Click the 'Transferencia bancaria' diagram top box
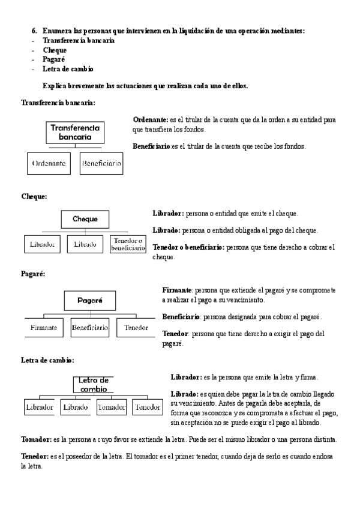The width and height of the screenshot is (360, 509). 76,133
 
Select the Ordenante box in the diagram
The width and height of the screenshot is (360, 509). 50,163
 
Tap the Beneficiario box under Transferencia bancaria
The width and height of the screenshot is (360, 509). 101,163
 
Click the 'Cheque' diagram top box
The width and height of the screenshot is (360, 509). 85,219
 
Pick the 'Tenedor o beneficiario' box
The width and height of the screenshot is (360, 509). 128,244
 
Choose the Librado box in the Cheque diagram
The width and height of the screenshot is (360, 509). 85,244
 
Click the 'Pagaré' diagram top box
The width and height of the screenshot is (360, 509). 90,300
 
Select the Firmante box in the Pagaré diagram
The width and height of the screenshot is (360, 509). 44,328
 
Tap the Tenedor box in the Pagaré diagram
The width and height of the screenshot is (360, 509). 136,328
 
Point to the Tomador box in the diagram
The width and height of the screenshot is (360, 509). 112,407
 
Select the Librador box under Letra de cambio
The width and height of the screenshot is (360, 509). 40,407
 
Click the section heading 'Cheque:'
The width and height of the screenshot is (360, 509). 34,196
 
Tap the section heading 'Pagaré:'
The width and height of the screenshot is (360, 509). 33,274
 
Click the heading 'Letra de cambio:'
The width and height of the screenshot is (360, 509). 47,360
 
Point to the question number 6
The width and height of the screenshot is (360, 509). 35,30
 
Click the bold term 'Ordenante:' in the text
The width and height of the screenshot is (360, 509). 150,120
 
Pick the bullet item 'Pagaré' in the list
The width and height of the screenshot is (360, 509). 54,59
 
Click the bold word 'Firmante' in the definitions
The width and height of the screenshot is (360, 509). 177,290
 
